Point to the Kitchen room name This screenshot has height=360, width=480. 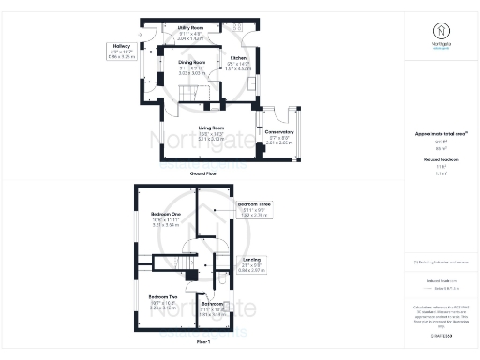pyautogui.click(x=239, y=58)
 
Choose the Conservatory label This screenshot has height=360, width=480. pyautogui.click(x=279, y=132)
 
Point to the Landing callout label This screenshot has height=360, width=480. pyautogui.click(x=251, y=259)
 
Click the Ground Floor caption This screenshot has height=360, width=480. pyautogui.click(x=204, y=173)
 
